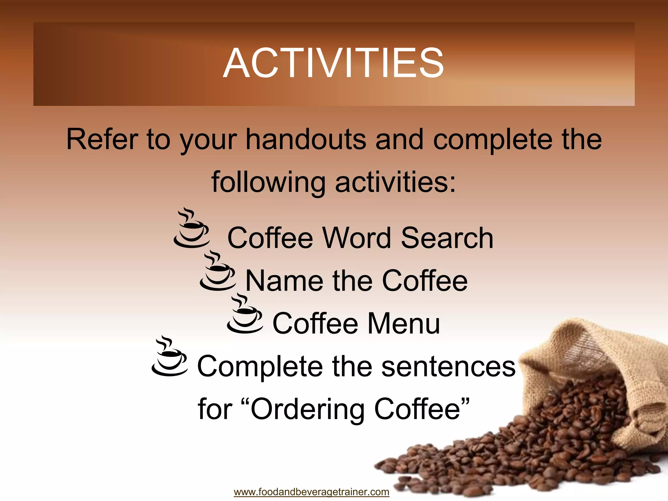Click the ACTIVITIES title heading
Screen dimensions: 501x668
pos(333,63)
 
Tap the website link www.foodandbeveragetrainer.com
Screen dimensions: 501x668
pos(311,492)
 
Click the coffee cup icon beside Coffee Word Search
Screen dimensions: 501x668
pos(191,228)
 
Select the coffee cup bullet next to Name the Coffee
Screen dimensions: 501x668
pos(218,272)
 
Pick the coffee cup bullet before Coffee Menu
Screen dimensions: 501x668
pos(245,314)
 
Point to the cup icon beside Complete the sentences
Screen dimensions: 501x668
pos(170,357)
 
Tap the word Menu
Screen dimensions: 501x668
pos(404,324)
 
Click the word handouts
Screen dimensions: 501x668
pos(306,140)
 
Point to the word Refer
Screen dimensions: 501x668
pos(101,140)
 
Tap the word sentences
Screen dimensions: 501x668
pos(448,367)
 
